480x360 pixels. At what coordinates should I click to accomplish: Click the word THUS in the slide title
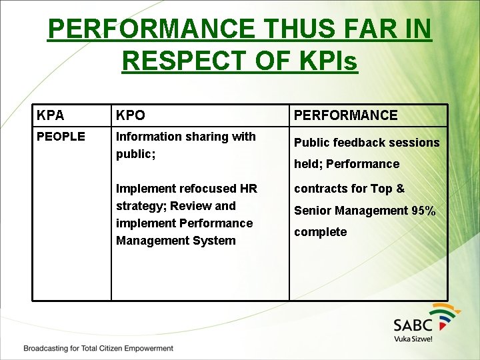294,29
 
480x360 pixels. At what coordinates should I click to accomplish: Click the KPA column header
51,115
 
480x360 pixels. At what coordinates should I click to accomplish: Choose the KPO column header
130,115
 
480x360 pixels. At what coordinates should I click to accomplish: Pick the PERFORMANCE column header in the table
345,115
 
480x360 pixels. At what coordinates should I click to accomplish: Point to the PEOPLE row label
61,137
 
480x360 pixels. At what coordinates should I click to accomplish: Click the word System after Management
214,241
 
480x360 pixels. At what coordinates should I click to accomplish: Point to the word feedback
355,143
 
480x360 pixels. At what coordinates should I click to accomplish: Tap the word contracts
320,189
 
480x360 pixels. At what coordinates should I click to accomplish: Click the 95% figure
423,211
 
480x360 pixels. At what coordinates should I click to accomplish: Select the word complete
320,232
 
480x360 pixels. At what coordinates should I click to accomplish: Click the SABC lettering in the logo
413,325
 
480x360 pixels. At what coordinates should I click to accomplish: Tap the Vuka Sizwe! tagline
413,339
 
